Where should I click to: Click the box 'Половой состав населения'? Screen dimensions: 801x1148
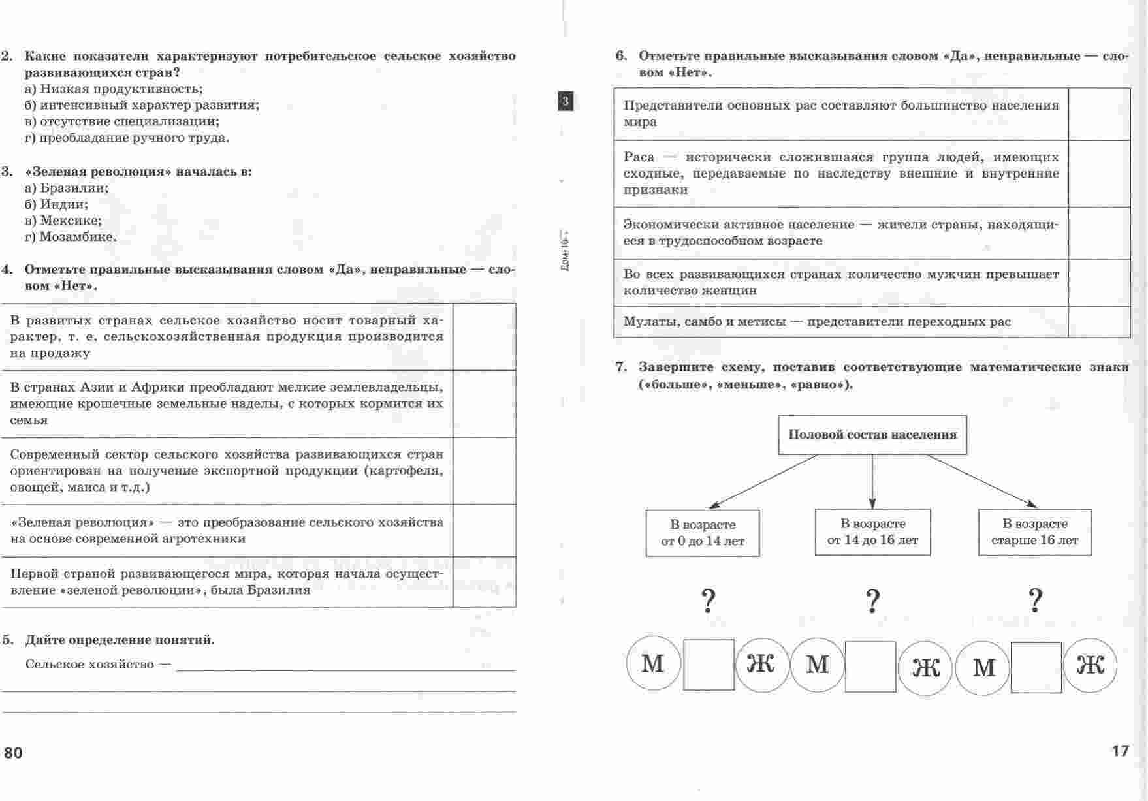coord(872,435)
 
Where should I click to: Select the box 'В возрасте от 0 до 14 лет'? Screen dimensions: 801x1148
coord(703,533)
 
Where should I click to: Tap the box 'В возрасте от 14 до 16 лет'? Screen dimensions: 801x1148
coord(872,532)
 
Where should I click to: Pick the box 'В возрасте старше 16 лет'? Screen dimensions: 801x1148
coord(1034,532)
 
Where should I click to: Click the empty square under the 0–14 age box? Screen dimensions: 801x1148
coord(709,665)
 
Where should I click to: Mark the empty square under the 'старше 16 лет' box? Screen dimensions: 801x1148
coord(1036,667)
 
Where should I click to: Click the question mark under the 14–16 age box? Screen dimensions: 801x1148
coord(873,601)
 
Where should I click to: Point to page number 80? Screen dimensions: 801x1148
coord(13,753)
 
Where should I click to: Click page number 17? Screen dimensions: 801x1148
coord(1120,751)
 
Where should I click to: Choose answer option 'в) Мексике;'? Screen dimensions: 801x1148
coord(63,221)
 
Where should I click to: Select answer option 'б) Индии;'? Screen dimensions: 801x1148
coord(56,204)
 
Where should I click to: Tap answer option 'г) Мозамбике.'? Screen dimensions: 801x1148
coord(71,237)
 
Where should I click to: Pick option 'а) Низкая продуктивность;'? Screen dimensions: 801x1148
coord(114,89)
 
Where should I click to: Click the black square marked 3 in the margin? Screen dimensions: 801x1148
coord(566,101)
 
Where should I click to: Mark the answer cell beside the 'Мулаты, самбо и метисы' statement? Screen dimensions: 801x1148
coord(1099,322)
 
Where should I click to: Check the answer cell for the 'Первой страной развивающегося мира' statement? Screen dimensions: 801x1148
coord(484,582)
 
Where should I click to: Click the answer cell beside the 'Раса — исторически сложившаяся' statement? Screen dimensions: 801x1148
coord(1099,174)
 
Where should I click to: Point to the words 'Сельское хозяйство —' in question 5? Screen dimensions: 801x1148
coord(98,665)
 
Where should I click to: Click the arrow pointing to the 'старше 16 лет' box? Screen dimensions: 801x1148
coord(982,480)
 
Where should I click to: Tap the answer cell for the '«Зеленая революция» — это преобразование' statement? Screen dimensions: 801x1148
coord(484,530)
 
